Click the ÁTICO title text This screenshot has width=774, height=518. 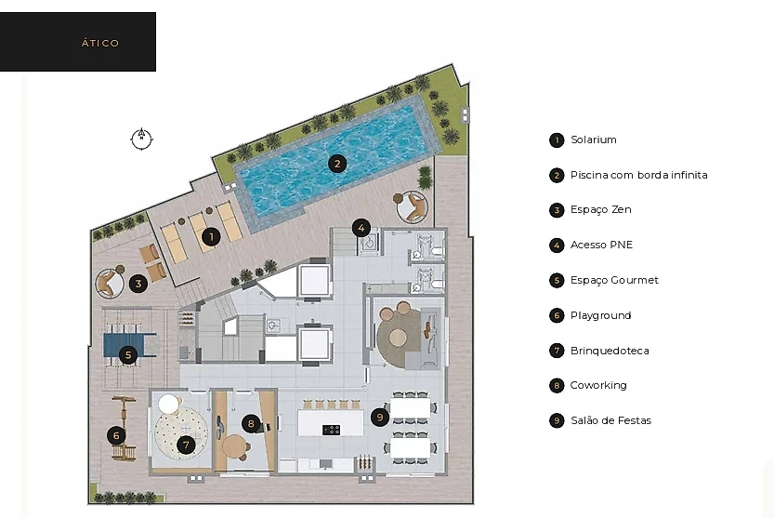(x=100, y=43)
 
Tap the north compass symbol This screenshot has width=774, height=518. (x=141, y=139)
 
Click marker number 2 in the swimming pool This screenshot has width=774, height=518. (x=337, y=164)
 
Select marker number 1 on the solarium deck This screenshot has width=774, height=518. (x=211, y=236)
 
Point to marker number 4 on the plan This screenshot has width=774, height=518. (x=361, y=228)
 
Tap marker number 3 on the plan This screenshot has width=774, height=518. (x=138, y=284)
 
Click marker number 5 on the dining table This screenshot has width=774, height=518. (x=128, y=354)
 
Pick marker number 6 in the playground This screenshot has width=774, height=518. (x=116, y=435)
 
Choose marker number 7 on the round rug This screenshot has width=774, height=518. (x=186, y=445)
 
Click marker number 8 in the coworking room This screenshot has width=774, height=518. (x=251, y=423)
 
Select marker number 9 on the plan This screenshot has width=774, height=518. (x=380, y=418)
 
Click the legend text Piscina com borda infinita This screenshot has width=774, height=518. (x=638, y=175)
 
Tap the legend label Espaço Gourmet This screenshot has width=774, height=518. (x=614, y=280)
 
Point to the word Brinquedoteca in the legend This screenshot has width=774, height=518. (x=610, y=351)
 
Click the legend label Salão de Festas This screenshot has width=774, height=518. (x=610, y=420)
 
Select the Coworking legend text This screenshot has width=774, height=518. (x=598, y=385)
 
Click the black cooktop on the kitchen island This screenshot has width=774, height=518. (x=331, y=430)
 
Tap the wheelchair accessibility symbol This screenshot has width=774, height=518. (x=368, y=242)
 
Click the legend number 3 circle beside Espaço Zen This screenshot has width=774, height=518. (x=557, y=210)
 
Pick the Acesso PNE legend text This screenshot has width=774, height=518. (x=601, y=245)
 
